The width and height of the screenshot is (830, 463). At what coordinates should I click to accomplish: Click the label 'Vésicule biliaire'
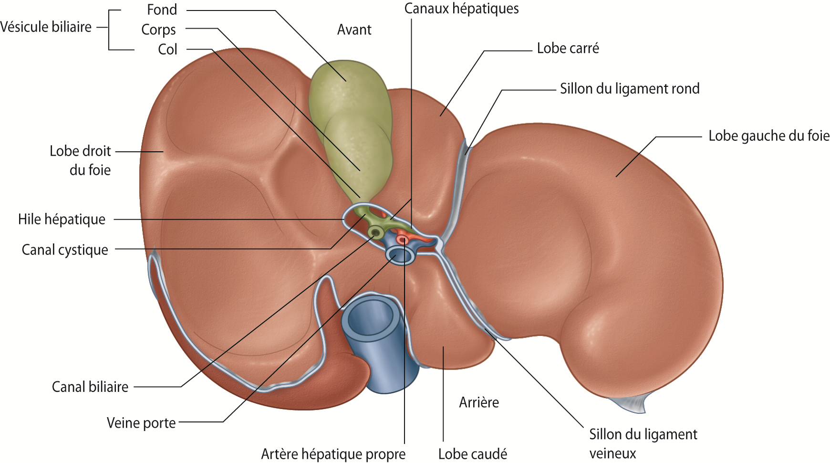coord(46,27)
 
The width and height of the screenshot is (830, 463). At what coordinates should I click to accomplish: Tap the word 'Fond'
coord(162,10)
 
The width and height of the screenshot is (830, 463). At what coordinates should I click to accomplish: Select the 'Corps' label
coord(158,30)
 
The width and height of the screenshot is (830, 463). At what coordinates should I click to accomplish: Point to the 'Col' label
coord(167,49)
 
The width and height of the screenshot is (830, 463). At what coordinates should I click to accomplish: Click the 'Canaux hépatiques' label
coord(461,9)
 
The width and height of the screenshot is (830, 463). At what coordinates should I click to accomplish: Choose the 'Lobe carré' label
coord(568,48)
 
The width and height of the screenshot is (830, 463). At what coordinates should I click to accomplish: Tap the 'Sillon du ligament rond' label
coord(629,89)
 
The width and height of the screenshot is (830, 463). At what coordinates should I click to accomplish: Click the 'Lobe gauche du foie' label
coord(768,136)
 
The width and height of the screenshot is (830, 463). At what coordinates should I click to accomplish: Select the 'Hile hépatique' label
coord(62,220)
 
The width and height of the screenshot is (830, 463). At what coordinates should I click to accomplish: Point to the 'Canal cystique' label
coord(65,250)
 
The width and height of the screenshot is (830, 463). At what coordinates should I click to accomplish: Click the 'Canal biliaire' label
coord(90,387)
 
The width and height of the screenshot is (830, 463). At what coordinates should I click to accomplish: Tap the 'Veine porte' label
coord(141,423)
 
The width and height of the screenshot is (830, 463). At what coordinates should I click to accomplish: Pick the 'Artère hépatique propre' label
coord(333,454)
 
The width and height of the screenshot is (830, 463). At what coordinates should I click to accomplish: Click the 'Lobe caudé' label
coord(472,454)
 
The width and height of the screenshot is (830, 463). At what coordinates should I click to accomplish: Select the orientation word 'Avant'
coord(354,30)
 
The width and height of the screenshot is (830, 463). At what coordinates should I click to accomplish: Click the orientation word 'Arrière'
coord(478,402)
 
